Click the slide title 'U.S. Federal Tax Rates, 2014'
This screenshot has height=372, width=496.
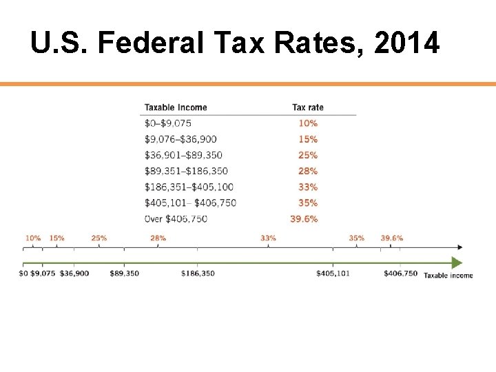point(234,44)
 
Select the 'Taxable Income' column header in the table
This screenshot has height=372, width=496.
point(175,107)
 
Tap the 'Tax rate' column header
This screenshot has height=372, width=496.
point(307,107)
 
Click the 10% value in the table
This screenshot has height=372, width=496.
point(308,123)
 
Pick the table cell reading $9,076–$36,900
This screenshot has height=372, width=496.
point(180,139)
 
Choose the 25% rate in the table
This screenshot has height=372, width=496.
point(308,155)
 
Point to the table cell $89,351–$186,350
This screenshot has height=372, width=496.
point(186,171)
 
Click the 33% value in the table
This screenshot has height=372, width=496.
point(308,187)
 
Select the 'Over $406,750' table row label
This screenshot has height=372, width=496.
point(176,219)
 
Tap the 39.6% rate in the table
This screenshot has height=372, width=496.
point(304,219)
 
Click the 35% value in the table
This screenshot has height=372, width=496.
point(308,203)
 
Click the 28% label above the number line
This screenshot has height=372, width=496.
point(158,238)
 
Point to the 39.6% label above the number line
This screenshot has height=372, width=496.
point(391,238)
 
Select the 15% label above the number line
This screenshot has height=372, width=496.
point(56,238)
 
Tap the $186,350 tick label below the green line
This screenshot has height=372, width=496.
point(198,273)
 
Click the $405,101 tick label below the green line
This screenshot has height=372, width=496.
point(333,273)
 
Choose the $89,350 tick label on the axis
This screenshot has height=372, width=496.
point(124,273)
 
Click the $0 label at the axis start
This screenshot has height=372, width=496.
point(23,273)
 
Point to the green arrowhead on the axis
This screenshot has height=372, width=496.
point(456,262)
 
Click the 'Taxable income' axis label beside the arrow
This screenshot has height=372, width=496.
point(448,276)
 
